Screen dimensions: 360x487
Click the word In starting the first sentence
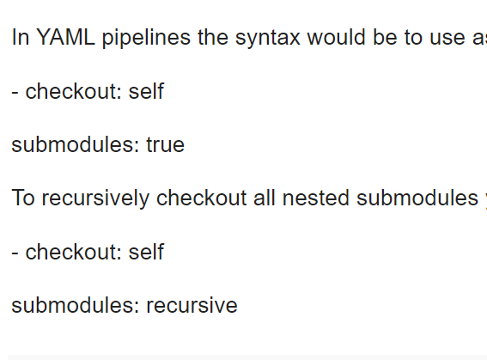point(21,39)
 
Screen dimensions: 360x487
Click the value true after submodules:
point(165,145)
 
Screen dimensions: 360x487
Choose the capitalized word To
point(23,198)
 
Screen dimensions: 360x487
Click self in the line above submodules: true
point(146,92)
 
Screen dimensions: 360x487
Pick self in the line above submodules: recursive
point(146,252)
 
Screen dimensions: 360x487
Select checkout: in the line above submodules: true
point(74,92)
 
